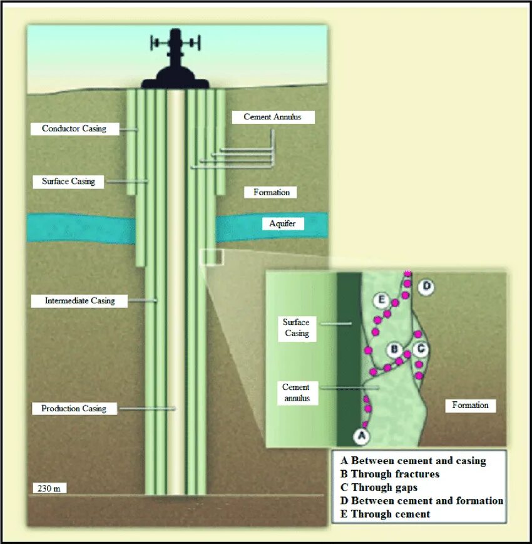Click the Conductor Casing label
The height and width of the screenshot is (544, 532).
(x=74, y=129)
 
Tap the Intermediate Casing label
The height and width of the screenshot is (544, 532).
(x=80, y=301)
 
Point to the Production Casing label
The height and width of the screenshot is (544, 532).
(x=74, y=409)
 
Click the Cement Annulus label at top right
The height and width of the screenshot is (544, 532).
(x=270, y=117)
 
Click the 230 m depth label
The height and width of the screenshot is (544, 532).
(x=49, y=488)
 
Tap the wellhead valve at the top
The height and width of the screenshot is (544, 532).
(x=176, y=43)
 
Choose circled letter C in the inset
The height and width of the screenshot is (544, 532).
(x=421, y=348)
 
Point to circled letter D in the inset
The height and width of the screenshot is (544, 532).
(x=426, y=287)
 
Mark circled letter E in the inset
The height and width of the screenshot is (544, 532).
(x=381, y=300)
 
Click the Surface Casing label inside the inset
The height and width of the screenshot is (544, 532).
(x=297, y=327)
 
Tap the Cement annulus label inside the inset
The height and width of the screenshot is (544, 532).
(x=296, y=393)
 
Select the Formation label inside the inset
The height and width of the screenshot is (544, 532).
(x=470, y=406)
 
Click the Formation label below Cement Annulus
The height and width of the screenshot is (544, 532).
(x=272, y=192)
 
